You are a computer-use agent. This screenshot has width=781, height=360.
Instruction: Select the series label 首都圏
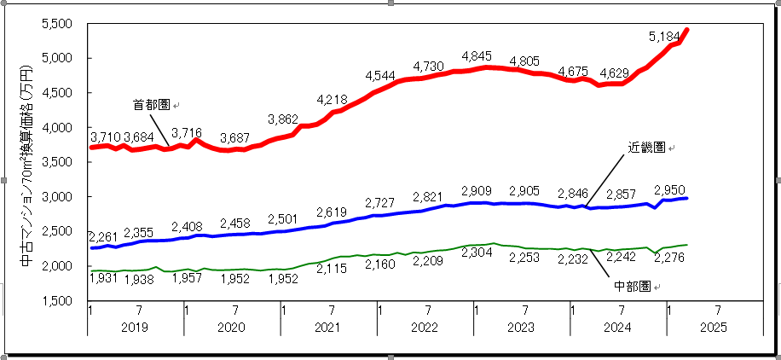point(151,105)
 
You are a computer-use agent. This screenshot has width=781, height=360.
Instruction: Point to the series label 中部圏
point(631,287)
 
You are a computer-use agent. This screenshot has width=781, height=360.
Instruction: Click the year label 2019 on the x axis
point(136,328)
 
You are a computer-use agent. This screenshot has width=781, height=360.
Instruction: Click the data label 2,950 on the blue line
point(669,189)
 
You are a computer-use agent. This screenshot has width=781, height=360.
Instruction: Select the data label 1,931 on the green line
point(104,279)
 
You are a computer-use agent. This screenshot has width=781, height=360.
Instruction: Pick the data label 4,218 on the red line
point(332,100)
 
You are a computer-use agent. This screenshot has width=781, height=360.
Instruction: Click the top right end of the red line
point(687,30)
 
